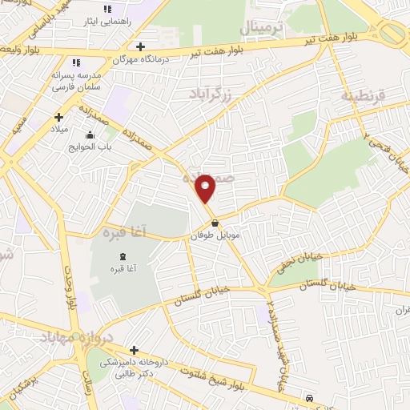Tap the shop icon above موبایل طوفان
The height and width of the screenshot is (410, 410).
214,223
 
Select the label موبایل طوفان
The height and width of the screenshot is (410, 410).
212,237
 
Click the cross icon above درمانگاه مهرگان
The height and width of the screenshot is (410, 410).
141,46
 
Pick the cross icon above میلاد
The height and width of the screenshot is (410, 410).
58,117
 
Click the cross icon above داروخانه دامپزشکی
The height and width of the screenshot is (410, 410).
134,350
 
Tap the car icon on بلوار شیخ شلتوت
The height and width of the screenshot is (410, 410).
309,398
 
